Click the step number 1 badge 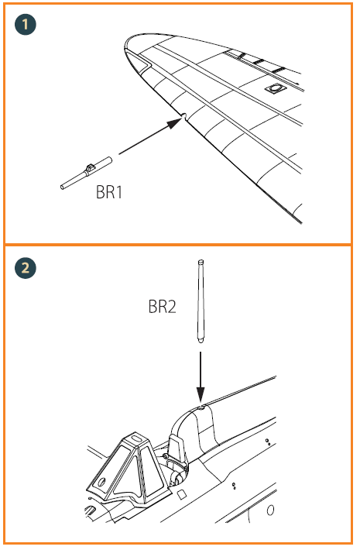coord(26,24)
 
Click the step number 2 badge coord(26,269)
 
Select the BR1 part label coord(109,192)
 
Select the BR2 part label coord(163,308)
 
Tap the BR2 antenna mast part coord(201,302)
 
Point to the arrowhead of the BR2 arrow coord(201,396)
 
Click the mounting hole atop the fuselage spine coord(201,406)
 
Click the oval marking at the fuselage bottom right coord(270,511)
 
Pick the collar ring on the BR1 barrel coord(91,168)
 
